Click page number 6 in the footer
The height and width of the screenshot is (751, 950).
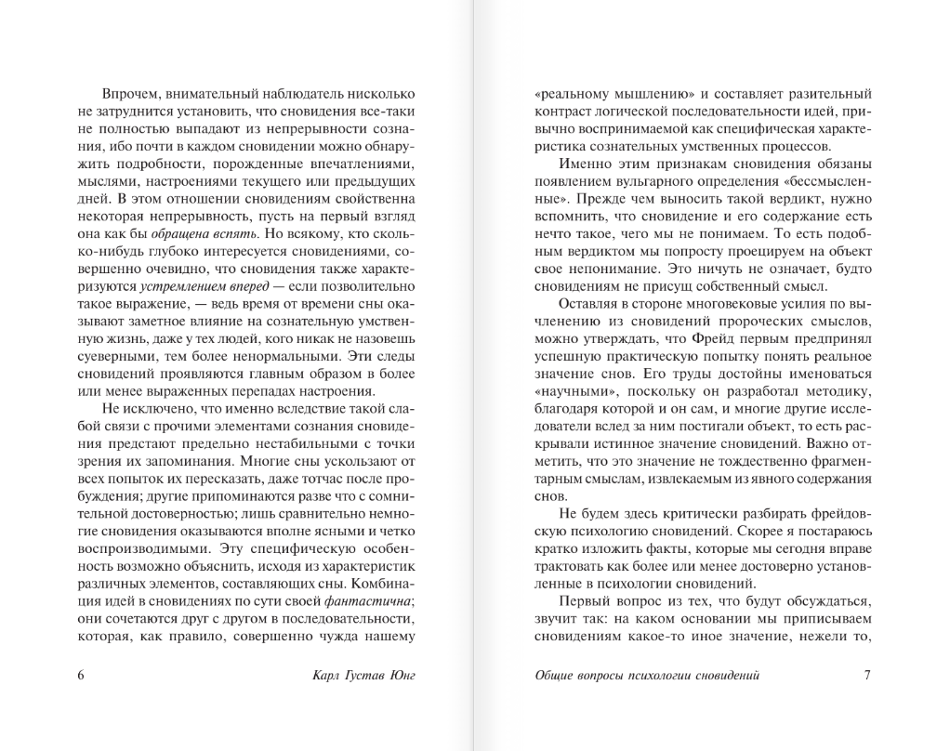tap(81, 676)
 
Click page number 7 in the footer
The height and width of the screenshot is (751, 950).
tap(866, 676)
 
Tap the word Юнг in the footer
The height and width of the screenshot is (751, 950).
tap(397, 676)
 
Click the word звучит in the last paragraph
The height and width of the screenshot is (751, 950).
tap(558, 619)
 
